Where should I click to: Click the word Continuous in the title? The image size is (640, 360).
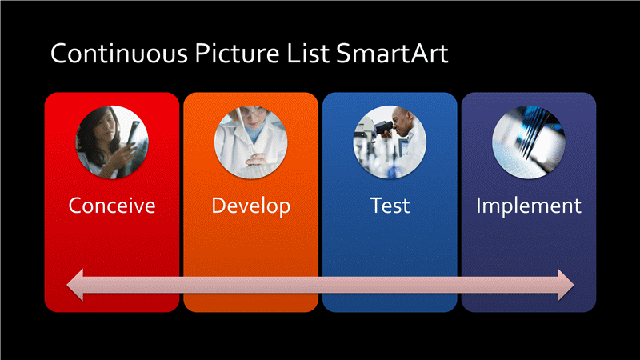tap(119, 54)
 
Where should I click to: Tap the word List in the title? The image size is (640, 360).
tap(308, 54)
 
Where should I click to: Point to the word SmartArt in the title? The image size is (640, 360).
tap(392, 54)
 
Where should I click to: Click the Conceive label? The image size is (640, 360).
tap(112, 206)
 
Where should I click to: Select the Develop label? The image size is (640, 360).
tap(250, 206)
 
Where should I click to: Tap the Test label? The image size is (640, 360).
tap(390, 206)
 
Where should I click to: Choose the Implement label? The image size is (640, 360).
tap(529, 206)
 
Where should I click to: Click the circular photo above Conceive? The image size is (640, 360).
tap(112, 142)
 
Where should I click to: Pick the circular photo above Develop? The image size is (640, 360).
tap(250, 142)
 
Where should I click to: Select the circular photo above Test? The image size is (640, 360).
tap(390, 142)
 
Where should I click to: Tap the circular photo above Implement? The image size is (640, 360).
tap(529, 142)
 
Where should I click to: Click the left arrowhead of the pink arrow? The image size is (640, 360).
tap(75, 285)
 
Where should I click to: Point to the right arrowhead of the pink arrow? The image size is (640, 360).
tap(566, 285)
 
